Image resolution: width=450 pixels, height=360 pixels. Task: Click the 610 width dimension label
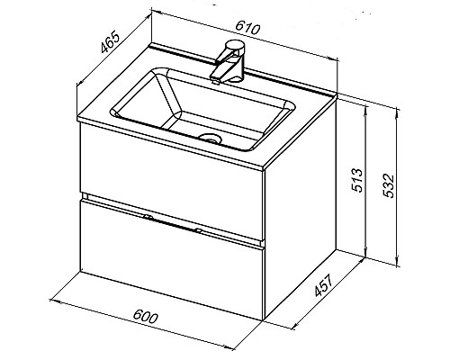pyautogui.click(x=247, y=28)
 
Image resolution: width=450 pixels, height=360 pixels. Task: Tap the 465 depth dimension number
pyautogui.click(x=110, y=41)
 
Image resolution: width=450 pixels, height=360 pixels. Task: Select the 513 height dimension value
pyautogui.click(x=357, y=180)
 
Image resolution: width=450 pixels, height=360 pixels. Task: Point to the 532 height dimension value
pyautogui.click(x=389, y=185)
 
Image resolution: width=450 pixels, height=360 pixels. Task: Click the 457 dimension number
pyautogui.click(x=324, y=285)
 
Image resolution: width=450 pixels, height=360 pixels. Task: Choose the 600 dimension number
pyautogui.click(x=145, y=316)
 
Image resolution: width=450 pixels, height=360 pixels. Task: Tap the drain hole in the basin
pyautogui.click(x=210, y=138)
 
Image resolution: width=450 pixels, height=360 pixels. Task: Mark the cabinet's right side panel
pyautogui.click(x=300, y=207)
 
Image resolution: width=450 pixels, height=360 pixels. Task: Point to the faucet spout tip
pyautogui.click(x=215, y=80)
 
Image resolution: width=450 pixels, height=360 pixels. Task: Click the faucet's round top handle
pyautogui.click(x=236, y=46)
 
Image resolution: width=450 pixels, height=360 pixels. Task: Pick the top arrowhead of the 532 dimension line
pyautogui.click(x=398, y=112)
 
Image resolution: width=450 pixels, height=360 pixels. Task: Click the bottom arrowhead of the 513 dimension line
pyautogui.click(x=365, y=253)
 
